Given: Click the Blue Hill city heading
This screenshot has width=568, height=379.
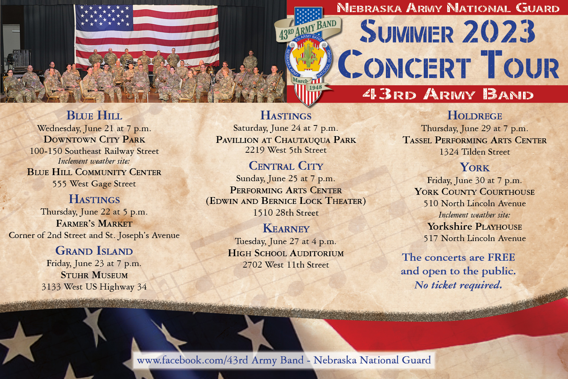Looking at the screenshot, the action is point(94,116).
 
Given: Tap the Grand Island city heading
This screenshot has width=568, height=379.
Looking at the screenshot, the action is point(94,251).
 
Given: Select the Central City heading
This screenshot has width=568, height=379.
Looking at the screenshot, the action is point(286,166).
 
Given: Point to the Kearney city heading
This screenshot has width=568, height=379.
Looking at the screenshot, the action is point(286,229).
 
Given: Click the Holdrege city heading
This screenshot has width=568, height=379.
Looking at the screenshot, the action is point(475,116).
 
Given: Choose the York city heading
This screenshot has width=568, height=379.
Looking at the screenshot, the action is point(475,168).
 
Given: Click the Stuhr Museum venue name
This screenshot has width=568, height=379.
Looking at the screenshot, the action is point(94,275).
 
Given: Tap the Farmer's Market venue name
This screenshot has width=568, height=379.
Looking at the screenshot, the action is point(94,223).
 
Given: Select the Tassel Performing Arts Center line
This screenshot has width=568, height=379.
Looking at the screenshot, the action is point(475,140).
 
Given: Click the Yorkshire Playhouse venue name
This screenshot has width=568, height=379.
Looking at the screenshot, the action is point(475,226).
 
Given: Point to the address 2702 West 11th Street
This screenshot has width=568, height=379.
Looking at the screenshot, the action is point(286,265).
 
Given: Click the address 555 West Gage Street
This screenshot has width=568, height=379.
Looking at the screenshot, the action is point(94,183).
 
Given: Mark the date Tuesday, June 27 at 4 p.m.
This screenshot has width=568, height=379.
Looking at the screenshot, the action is point(286,241).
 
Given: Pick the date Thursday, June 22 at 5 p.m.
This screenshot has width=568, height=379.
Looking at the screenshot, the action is point(94,212).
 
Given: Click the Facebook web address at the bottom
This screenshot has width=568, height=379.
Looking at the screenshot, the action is point(284,360).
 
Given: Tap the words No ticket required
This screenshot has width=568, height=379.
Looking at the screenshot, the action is point(458,285).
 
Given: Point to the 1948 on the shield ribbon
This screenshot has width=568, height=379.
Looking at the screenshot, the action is point(315,87).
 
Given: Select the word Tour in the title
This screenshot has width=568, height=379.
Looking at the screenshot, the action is point(520,65).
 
